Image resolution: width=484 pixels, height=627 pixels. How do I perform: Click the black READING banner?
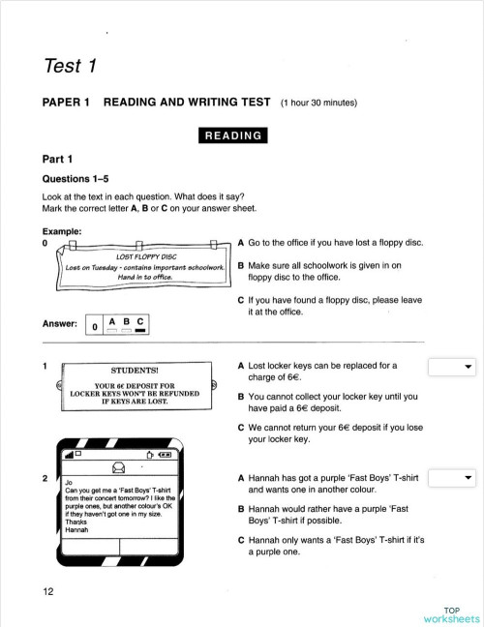pyautogui.click(x=231, y=134)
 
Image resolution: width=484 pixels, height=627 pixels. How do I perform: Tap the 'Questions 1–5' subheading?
pyautogui.click(x=78, y=179)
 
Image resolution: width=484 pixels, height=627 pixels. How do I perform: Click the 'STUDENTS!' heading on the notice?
pyautogui.click(x=135, y=371)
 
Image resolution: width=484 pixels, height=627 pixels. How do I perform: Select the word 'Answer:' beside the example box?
pyautogui.click(x=59, y=323)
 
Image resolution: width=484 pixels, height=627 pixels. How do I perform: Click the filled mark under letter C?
pyautogui.click(x=140, y=331)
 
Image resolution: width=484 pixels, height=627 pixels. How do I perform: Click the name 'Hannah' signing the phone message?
pyautogui.click(x=77, y=530)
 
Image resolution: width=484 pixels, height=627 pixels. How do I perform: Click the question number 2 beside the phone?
pyautogui.click(x=45, y=478)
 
